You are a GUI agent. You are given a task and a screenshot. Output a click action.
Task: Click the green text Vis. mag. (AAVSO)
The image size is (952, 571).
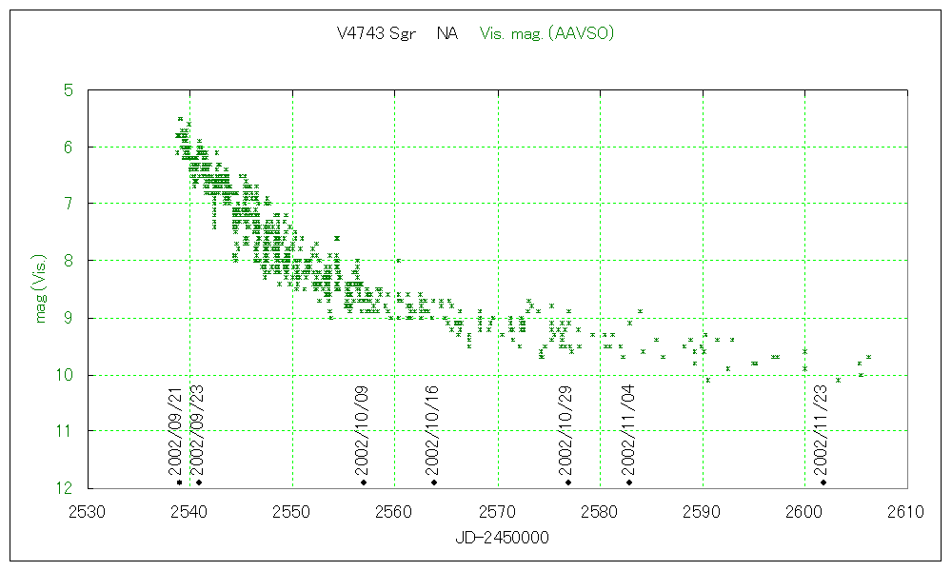tap(546, 33)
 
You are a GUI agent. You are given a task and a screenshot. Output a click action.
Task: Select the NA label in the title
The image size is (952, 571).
tap(446, 33)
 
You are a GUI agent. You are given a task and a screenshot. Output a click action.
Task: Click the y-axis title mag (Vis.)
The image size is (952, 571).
tap(40, 288)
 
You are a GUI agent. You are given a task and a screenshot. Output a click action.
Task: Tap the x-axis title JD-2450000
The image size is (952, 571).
tap(497, 538)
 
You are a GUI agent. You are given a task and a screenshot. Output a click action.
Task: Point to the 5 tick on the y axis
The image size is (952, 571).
tap(68, 90)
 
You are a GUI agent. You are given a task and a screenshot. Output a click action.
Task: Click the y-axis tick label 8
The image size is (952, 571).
tap(68, 261)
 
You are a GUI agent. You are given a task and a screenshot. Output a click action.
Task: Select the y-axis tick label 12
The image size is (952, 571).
tap(64, 488)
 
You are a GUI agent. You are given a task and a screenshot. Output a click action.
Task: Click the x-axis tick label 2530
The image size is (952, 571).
tap(88, 512)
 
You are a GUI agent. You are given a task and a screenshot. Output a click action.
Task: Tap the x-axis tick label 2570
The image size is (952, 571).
tap(498, 512)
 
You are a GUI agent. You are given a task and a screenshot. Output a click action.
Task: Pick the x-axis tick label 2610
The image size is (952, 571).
tap(906, 512)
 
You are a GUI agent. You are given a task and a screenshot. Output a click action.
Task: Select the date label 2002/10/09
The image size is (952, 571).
tap(361, 429)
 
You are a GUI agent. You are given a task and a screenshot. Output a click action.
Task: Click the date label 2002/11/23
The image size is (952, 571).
tap(821, 429)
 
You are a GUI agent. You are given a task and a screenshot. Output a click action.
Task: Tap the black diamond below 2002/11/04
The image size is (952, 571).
tap(629, 482)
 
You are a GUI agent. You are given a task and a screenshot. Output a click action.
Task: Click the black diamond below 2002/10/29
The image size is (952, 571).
tap(568, 482)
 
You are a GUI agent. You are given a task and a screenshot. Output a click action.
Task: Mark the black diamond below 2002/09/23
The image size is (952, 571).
tap(199, 482)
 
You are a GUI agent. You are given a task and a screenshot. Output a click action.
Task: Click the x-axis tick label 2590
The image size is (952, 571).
tap(703, 512)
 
